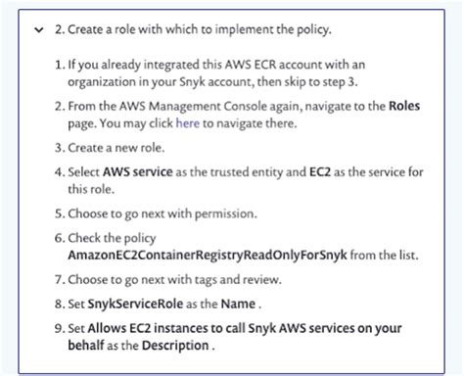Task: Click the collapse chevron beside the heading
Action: (x=36, y=30)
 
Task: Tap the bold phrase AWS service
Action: (x=134, y=172)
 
